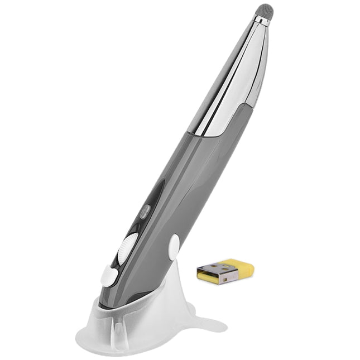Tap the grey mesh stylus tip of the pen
(265, 11)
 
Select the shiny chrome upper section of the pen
(234, 78)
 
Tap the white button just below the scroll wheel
(109, 275)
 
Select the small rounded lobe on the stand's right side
(190, 308)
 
